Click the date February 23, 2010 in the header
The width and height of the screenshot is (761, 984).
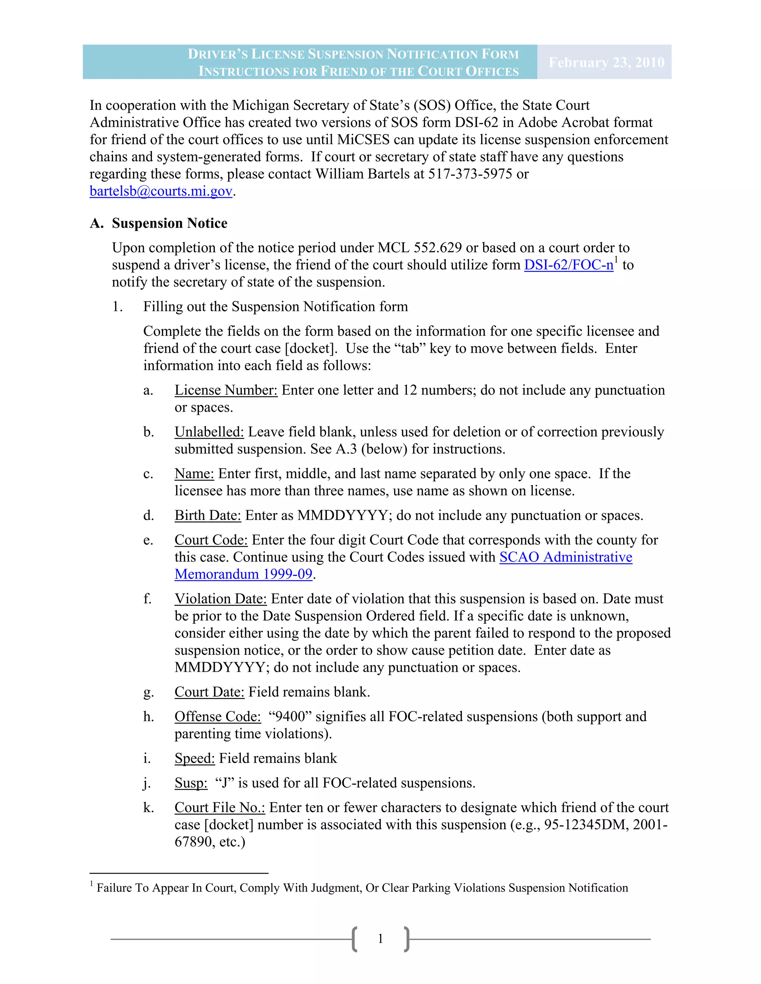(x=606, y=62)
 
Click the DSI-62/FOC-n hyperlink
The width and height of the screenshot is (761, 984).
(x=569, y=265)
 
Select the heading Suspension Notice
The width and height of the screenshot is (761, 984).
(x=169, y=223)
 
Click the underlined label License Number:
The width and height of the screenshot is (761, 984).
(x=226, y=390)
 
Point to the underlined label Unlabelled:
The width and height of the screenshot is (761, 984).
(x=209, y=432)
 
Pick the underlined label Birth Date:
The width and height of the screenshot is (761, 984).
(x=208, y=515)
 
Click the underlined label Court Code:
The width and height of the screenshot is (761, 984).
(x=211, y=540)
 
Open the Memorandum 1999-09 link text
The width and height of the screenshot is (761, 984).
(x=243, y=574)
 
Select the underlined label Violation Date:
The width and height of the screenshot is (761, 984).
(x=220, y=599)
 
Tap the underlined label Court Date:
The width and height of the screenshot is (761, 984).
(x=209, y=692)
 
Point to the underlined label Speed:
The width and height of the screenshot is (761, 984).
(x=195, y=758)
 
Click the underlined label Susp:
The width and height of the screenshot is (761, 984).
(x=191, y=783)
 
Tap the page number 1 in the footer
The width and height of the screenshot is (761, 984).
(x=380, y=939)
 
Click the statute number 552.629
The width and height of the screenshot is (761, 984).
(x=437, y=248)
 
